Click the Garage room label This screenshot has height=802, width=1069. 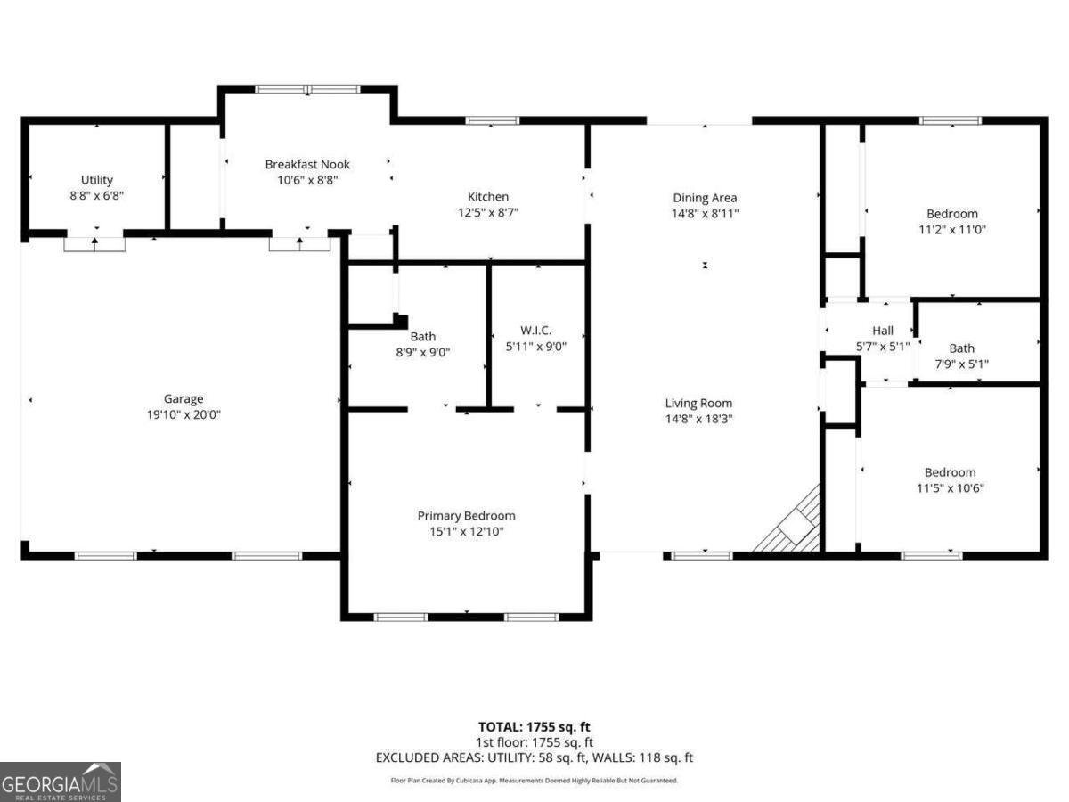(183, 399)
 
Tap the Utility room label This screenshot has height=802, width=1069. (97, 180)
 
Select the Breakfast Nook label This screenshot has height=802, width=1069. (307, 164)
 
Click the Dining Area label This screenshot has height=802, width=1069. (705, 198)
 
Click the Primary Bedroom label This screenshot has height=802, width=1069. (466, 516)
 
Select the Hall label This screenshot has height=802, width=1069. (882, 331)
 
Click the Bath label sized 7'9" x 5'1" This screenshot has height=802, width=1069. (961, 348)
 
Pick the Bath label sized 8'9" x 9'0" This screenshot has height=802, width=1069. (423, 336)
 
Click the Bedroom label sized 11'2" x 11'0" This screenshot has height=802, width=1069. (951, 214)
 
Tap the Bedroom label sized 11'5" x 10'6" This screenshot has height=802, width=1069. (950, 472)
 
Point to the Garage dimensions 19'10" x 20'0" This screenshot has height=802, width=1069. (183, 415)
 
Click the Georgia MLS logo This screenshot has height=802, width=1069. (60, 782)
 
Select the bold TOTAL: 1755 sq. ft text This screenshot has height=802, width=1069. (534, 726)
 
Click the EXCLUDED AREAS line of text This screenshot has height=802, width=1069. (534, 758)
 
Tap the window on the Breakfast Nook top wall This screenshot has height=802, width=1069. (307, 89)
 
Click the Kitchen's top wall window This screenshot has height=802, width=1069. (492, 120)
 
